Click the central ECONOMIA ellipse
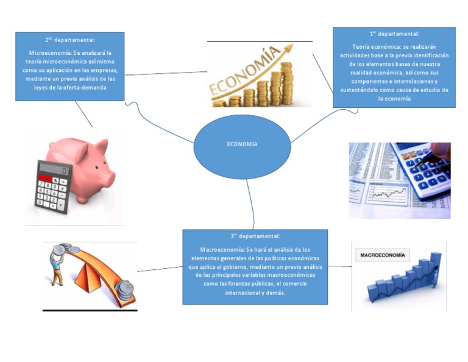241,145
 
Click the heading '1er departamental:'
394,34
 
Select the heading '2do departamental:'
69,40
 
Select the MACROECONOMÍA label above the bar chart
382,255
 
